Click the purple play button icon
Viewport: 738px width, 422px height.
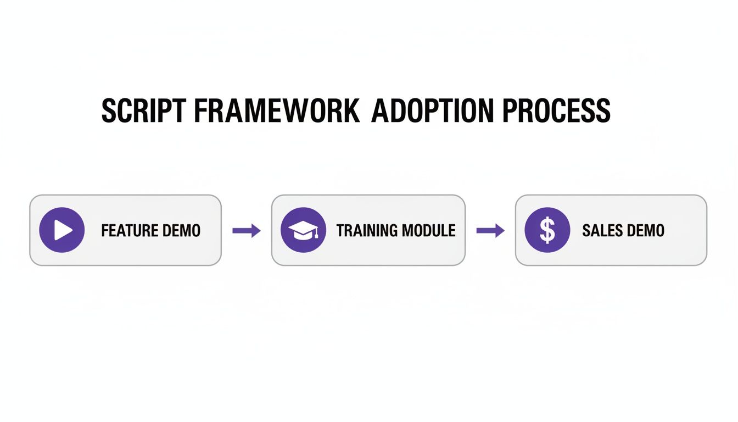[x=62, y=230]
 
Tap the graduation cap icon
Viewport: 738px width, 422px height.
[x=303, y=230]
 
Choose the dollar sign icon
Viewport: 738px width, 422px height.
[x=547, y=230]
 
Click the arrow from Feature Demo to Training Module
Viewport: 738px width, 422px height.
[x=247, y=231]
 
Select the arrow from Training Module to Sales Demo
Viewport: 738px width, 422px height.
[x=490, y=231]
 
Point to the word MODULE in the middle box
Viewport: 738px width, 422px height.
[x=429, y=230]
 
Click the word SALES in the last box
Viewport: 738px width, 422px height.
[x=600, y=230]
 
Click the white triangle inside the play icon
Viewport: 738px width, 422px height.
[x=64, y=230]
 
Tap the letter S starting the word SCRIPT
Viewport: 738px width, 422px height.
[x=110, y=111]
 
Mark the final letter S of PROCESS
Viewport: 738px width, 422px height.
[x=602, y=111]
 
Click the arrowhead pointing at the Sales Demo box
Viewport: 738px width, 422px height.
[x=499, y=231]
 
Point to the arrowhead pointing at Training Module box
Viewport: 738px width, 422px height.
[x=255, y=231]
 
